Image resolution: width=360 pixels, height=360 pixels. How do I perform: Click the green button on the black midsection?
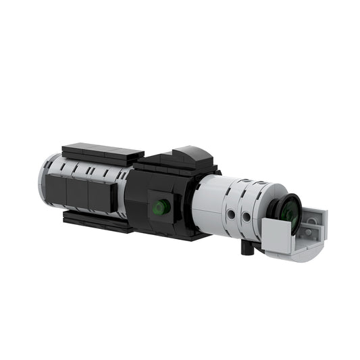tap(161, 207)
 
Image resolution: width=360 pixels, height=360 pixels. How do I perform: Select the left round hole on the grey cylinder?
tap(232, 214)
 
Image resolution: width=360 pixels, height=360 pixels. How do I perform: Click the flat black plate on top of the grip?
tap(101, 151)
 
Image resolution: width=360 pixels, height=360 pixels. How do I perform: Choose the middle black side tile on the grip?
tap(77, 194)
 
